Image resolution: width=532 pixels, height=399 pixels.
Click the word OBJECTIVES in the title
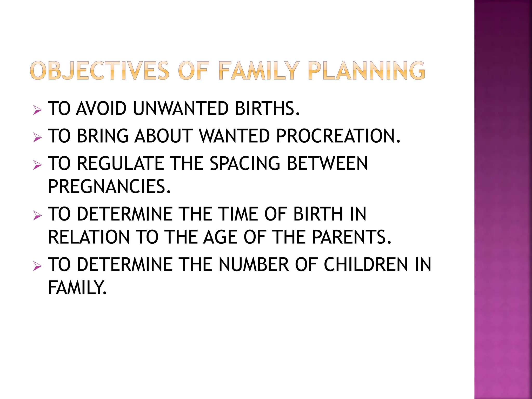point(100,71)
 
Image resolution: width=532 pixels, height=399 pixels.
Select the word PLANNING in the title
point(366,71)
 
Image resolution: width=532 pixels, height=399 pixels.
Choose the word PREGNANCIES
point(109,187)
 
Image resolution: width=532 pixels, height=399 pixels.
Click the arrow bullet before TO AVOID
point(37,111)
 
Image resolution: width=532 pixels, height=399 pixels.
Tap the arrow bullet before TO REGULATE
point(37,165)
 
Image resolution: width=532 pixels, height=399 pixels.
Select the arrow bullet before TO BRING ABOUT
point(37,138)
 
